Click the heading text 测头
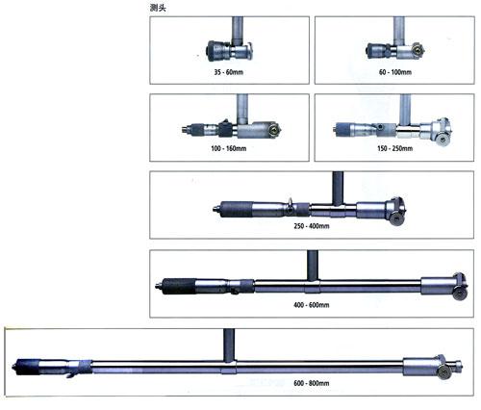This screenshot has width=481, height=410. click(x=158, y=8)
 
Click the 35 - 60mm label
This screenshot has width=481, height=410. click(x=229, y=72)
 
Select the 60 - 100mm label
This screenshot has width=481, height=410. click(x=395, y=72)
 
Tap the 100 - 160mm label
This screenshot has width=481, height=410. click(x=229, y=148)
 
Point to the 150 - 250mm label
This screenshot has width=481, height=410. click(x=395, y=148)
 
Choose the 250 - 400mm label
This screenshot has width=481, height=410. click(x=312, y=226)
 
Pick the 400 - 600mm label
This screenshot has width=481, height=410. click(x=312, y=305)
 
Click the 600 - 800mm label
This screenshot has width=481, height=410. click(x=312, y=383)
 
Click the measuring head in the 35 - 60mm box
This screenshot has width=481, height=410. click(x=229, y=51)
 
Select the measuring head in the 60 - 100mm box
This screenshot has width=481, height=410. click(x=395, y=51)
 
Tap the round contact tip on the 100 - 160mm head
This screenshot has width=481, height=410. click(x=274, y=130)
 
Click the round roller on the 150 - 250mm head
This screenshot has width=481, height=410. click(x=443, y=140)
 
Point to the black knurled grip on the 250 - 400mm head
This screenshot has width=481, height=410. click(x=237, y=209)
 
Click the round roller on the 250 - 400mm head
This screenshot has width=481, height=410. click(x=396, y=219)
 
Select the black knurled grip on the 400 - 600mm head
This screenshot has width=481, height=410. click(x=179, y=286)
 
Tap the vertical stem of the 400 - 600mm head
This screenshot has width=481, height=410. click(x=313, y=266)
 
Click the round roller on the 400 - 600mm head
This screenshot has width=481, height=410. click(x=459, y=294)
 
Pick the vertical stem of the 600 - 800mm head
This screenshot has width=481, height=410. click(x=229, y=346)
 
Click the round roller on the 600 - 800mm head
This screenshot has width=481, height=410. click(x=444, y=372)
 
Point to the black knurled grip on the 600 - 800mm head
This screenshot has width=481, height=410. click(x=28, y=367)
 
